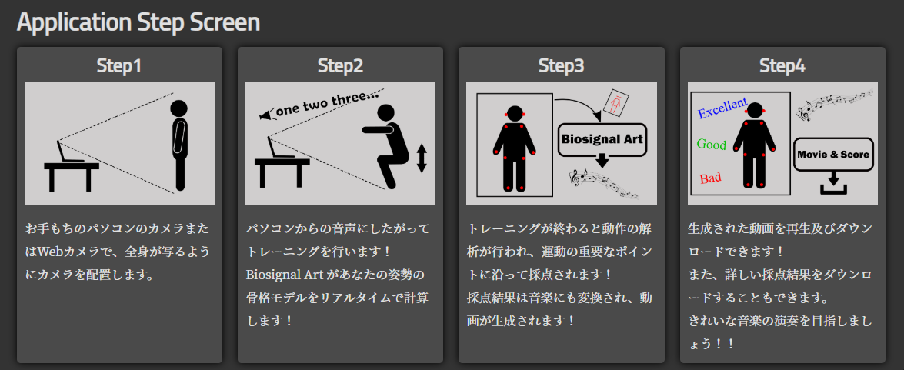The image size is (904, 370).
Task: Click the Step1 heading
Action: pos(118,65)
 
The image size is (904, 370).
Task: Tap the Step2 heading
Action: pos(340,65)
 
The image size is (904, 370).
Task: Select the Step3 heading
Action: pos(561,65)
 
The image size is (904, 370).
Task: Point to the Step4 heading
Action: pos(782,65)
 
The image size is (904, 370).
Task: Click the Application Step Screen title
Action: pos(138,22)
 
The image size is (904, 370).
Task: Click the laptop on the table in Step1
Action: pos(68,152)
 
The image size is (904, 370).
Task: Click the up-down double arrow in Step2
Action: pos(422,158)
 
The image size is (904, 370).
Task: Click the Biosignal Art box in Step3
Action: pos(602,139)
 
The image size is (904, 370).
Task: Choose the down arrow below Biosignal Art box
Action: pos(602,161)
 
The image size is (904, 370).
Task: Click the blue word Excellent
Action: pos(723,108)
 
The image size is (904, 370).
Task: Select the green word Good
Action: pos(712,145)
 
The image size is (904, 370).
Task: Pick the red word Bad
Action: pos(710,178)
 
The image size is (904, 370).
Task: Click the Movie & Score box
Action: pos(832,154)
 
